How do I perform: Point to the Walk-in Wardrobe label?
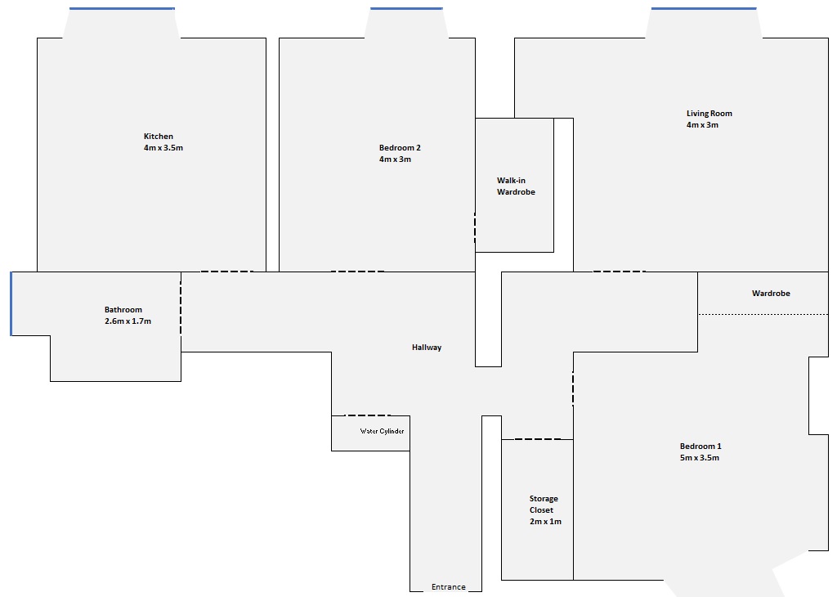[516, 186]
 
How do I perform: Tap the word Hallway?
[427, 348]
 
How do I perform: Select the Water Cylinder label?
[382, 432]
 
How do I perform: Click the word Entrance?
[449, 587]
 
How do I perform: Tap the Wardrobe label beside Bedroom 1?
[771, 293]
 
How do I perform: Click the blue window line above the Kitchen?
[122, 8]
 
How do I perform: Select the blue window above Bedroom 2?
[406, 8]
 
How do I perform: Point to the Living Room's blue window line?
[704, 8]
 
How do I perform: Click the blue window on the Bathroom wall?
[11, 304]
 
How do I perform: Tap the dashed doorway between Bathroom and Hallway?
[181, 304]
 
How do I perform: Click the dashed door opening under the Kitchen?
[227, 272]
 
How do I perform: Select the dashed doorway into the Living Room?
[620, 272]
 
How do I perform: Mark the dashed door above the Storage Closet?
[538, 439]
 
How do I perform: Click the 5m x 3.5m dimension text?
[700, 458]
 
